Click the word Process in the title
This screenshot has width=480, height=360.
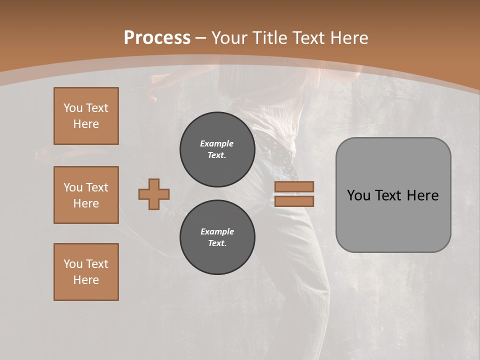point(157,37)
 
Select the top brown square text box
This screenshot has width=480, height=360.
point(86,116)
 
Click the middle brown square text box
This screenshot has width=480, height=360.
point(86,195)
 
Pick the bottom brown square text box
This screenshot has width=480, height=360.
point(86,272)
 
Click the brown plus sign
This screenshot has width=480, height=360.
point(154,194)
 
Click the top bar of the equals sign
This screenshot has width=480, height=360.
point(294,186)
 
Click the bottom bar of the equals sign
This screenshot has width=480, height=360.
point(294,201)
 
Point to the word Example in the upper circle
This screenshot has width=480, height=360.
point(216,143)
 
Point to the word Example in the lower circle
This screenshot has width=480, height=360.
point(217,231)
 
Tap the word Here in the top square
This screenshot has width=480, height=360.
point(86,124)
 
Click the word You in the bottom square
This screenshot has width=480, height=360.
point(73,264)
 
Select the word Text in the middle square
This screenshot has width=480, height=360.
point(97,187)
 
